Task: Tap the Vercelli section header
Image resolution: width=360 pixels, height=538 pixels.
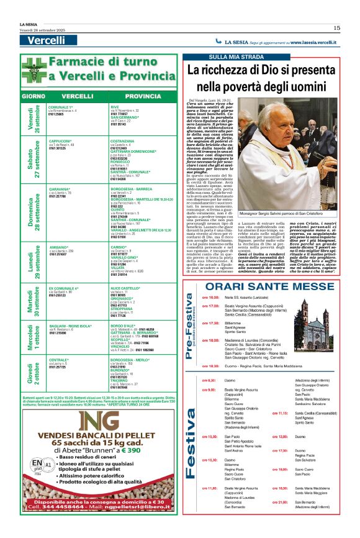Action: pos(47,40)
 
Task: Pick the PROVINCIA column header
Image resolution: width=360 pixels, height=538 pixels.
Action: pos(143,97)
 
